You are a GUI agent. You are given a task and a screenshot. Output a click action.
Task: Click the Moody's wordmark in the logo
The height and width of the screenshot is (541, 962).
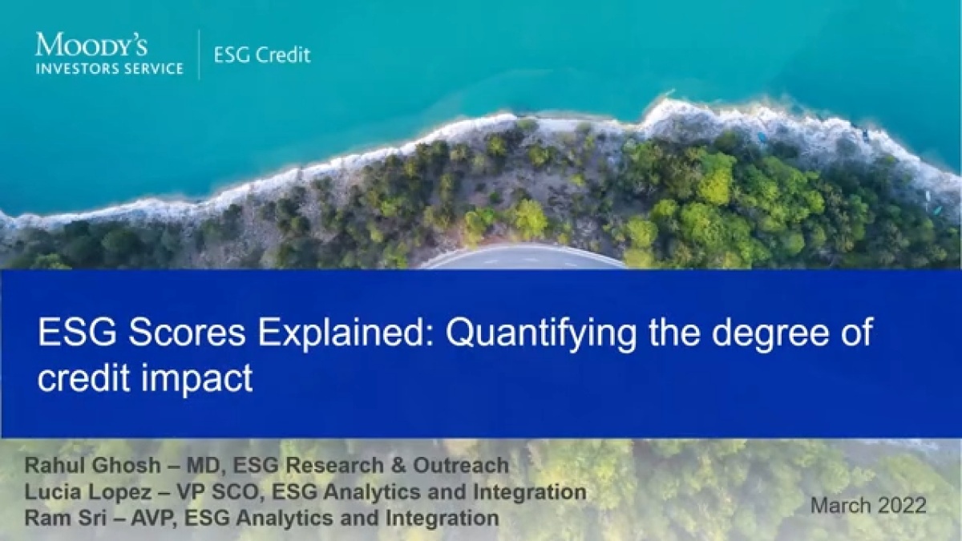91,44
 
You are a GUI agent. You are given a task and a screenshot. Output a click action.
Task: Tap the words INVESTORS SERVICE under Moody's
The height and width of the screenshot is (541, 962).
110,69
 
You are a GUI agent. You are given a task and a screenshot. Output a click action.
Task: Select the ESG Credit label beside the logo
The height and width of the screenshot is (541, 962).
262,55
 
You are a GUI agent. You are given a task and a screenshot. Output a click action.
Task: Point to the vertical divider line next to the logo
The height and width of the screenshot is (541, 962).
199,55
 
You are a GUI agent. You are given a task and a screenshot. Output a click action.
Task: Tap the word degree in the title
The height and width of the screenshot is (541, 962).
770,334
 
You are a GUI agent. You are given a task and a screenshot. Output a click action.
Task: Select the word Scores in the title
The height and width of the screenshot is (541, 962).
184,333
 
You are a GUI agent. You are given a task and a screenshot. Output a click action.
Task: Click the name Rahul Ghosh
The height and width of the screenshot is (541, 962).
92,465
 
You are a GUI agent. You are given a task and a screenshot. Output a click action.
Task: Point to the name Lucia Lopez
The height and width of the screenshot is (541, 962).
88,491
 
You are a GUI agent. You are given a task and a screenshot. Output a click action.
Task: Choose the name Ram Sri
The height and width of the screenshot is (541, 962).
65,518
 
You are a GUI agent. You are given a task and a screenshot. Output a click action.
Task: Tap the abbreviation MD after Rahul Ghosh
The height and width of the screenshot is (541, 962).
206,466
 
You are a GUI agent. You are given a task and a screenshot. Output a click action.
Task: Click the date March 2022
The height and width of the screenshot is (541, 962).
868,506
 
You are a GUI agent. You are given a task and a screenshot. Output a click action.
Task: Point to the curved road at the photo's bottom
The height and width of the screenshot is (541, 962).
522,257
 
